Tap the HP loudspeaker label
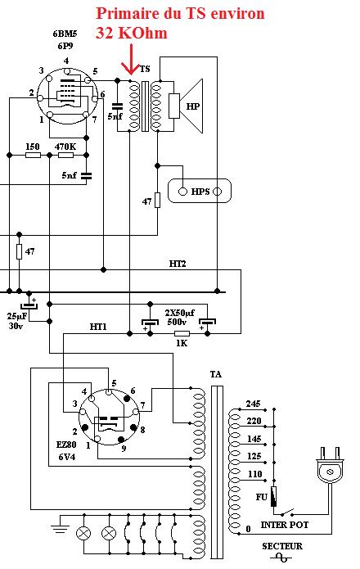point(193,106)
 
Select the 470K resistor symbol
point(65,156)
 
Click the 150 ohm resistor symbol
point(33,156)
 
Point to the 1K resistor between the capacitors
point(182,333)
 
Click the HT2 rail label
point(178,264)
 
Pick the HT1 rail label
point(98,327)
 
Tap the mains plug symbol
point(330,466)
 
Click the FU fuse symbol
point(274,496)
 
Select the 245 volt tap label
point(254,404)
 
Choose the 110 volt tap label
point(255,474)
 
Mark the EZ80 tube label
point(66,445)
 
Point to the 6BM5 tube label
point(65,34)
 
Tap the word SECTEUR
point(282,546)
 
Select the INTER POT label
point(285,525)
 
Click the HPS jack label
point(200,192)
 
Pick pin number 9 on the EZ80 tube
point(124,449)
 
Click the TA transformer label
point(216,374)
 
